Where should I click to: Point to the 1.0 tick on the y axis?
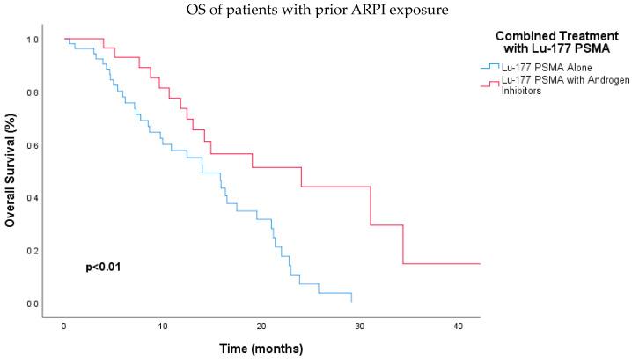tap(32, 40)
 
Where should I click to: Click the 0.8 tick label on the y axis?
tap(32, 92)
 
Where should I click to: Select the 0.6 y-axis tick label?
tap(32, 145)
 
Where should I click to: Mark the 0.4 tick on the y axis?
tap(32, 198)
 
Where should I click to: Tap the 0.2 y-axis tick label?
tap(32, 251)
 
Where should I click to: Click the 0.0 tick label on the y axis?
tap(32, 304)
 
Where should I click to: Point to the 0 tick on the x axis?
tap(64, 326)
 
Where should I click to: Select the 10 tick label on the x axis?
tap(163, 326)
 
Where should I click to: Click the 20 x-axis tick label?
tap(261, 326)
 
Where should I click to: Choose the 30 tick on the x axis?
tap(360, 326)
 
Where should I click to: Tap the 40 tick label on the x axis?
tap(459, 326)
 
